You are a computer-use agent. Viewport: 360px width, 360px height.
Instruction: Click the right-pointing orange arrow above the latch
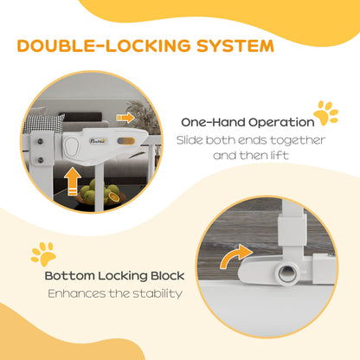click(125, 118)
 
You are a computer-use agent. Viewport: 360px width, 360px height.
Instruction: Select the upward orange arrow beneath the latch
click(72, 182)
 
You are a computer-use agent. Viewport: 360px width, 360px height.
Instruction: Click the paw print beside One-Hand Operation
click(325, 112)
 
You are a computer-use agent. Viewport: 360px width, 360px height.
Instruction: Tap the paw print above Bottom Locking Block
click(43, 254)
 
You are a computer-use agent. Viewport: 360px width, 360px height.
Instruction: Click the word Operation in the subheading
click(281, 122)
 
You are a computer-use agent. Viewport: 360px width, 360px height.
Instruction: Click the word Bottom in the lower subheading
click(69, 276)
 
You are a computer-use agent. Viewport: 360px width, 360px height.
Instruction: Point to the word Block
click(168, 276)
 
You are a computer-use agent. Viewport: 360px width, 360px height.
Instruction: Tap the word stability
click(157, 293)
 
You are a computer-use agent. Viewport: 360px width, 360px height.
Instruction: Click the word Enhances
click(76, 293)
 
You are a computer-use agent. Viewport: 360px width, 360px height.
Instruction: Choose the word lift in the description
click(280, 156)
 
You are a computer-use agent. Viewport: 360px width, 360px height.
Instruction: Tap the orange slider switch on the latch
click(126, 141)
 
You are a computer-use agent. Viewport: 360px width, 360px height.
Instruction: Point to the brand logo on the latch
click(98, 141)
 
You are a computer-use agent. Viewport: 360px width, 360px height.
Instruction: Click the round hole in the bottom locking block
click(286, 273)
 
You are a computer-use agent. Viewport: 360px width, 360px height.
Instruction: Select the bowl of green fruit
click(100, 193)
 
